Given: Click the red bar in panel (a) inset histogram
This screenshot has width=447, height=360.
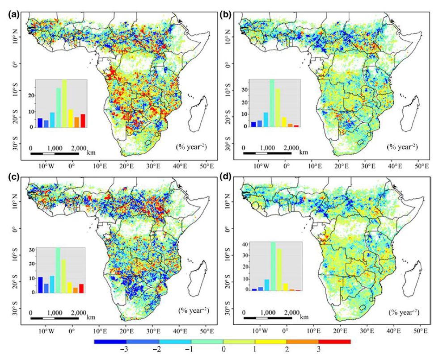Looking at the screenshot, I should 83,121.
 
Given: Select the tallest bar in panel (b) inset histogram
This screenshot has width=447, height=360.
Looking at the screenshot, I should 272,103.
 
